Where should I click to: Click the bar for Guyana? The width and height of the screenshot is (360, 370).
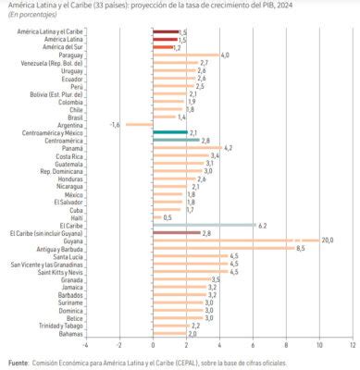[236, 240]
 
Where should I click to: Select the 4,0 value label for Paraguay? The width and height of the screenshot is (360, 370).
[225, 55]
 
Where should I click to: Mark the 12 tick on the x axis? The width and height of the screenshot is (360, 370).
[353, 344]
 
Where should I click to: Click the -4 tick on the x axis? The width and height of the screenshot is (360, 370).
[84, 344]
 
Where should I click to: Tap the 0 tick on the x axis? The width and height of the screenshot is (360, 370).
[152, 344]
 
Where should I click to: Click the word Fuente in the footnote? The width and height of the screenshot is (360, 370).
[18, 362]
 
